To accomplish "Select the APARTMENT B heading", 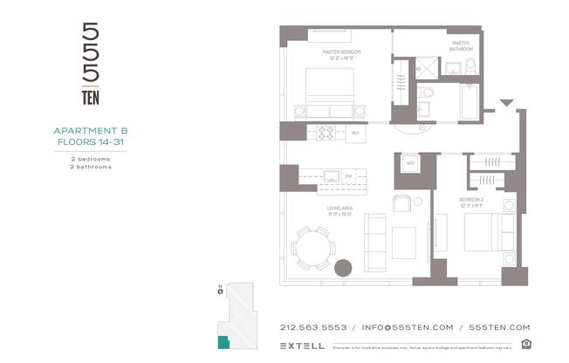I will pyautogui.click(x=91, y=131).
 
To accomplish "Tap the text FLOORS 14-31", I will pyautogui.click(x=91, y=140).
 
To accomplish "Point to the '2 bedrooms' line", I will pyautogui.click(x=91, y=159).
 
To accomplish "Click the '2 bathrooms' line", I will pyautogui.click(x=91, y=167).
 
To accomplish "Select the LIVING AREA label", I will pyautogui.click(x=339, y=209).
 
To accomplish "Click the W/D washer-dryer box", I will pyautogui.click(x=410, y=162).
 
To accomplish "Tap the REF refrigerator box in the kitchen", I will pyautogui.click(x=355, y=134).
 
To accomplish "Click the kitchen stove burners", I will pyautogui.click(x=326, y=134).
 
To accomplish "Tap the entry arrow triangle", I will pyautogui.click(x=504, y=104).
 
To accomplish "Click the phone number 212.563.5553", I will pyautogui.click(x=313, y=327).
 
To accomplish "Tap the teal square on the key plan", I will pyautogui.click(x=223, y=342).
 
